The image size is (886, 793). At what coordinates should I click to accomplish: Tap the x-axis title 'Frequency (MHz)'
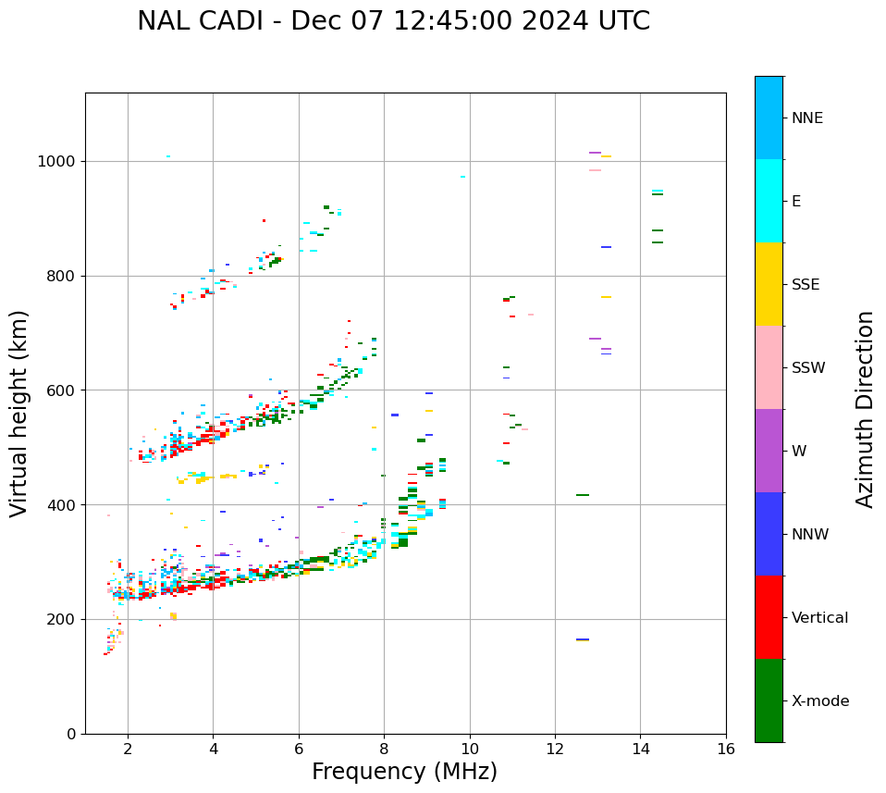pos(404,772)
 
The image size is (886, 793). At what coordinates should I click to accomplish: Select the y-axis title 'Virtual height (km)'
pos(19,413)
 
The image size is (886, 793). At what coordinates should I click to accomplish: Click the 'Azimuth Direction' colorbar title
pos(865,409)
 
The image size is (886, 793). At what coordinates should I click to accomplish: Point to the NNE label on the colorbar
pos(806,118)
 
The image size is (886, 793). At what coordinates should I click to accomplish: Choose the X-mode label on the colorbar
pos(819,701)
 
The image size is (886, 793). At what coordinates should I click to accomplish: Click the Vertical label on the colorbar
pos(819,618)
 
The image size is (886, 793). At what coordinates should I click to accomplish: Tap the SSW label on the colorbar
pos(808,368)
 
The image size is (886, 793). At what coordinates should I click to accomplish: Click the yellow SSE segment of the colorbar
pos(769,284)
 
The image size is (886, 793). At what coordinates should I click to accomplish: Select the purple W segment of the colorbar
pos(769,451)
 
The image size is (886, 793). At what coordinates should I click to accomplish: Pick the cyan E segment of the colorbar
pos(769,201)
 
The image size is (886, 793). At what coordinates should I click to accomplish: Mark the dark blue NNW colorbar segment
pos(769,534)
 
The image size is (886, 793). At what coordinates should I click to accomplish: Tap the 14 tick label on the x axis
pos(640,749)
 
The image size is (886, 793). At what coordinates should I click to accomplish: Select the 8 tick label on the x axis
pos(384,749)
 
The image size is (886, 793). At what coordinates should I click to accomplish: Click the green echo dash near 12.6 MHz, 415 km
pos(583,495)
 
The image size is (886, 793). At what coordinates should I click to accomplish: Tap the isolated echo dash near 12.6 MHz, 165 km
pos(583,639)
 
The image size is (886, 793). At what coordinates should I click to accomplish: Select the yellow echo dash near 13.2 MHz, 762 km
pos(606,297)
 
